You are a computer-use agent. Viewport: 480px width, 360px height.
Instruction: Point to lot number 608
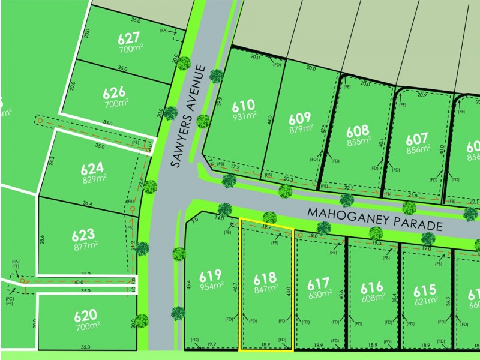358,130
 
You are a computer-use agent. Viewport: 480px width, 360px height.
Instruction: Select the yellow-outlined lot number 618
265,278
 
